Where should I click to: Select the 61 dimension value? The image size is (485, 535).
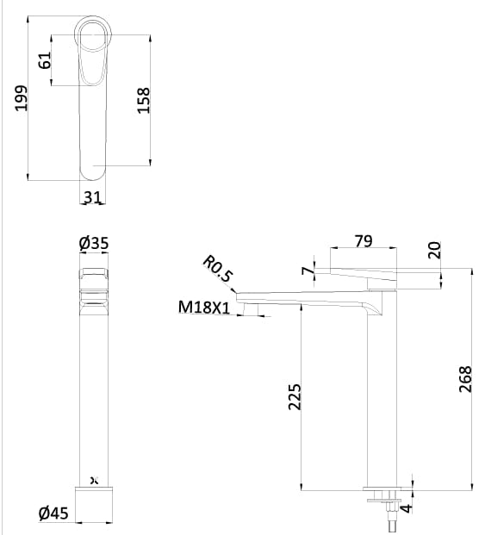(x=45, y=60)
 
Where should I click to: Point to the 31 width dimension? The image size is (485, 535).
(x=93, y=197)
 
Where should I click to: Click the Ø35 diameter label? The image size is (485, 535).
(x=93, y=244)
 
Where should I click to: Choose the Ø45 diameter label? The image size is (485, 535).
(x=54, y=514)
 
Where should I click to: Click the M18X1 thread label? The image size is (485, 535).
(x=204, y=308)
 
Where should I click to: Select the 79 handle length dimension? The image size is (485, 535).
(x=364, y=242)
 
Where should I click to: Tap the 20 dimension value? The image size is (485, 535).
(x=434, y=249)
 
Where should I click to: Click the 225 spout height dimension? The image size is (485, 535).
(x=293, y=396)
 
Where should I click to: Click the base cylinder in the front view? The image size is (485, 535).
(x=96, y=506)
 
